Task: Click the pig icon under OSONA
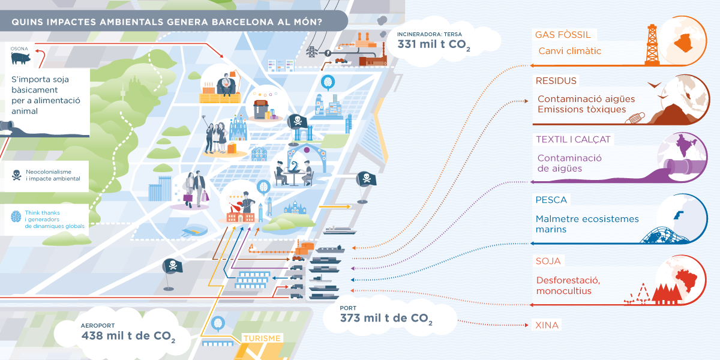[x=21, y=58]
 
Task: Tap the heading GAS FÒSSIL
[x=563, y=35]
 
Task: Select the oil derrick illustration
[x=652, y=45]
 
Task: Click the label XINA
[x=547, y=325]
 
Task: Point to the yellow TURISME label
[x=262, y=338]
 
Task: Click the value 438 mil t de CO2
[x=128, y=336]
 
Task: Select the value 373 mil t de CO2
[x=386, y=318]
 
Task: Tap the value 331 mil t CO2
[x=434, y=44]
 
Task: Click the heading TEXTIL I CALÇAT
[x=573, y=139]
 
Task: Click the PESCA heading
[x=551, y=200]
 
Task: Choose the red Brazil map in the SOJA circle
[x=686, y=280]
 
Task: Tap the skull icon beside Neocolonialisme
[x=16, y=175]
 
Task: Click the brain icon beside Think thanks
[x=16, y=217]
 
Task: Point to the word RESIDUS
[x=556, y=80]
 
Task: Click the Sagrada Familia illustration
[x=238, y=128]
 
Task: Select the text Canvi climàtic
[x=569, y=51]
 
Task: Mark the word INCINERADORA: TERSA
[x=430, y=34]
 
